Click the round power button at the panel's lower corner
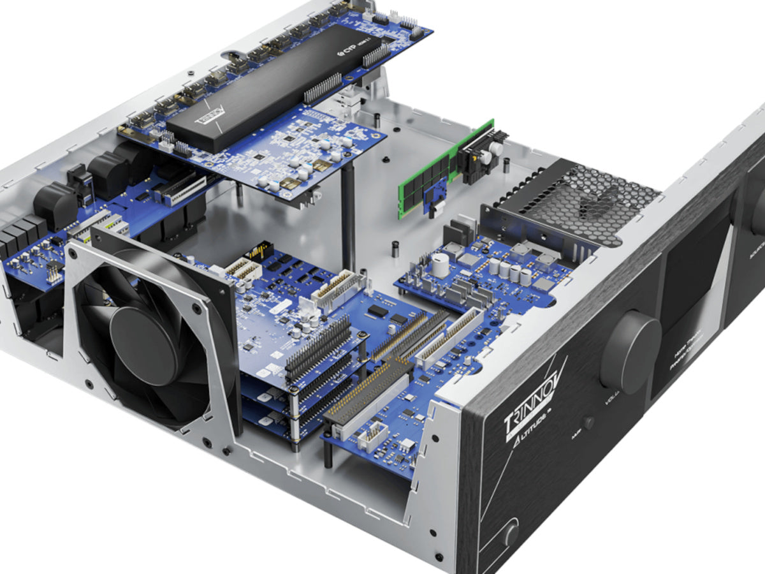point(511,534)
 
